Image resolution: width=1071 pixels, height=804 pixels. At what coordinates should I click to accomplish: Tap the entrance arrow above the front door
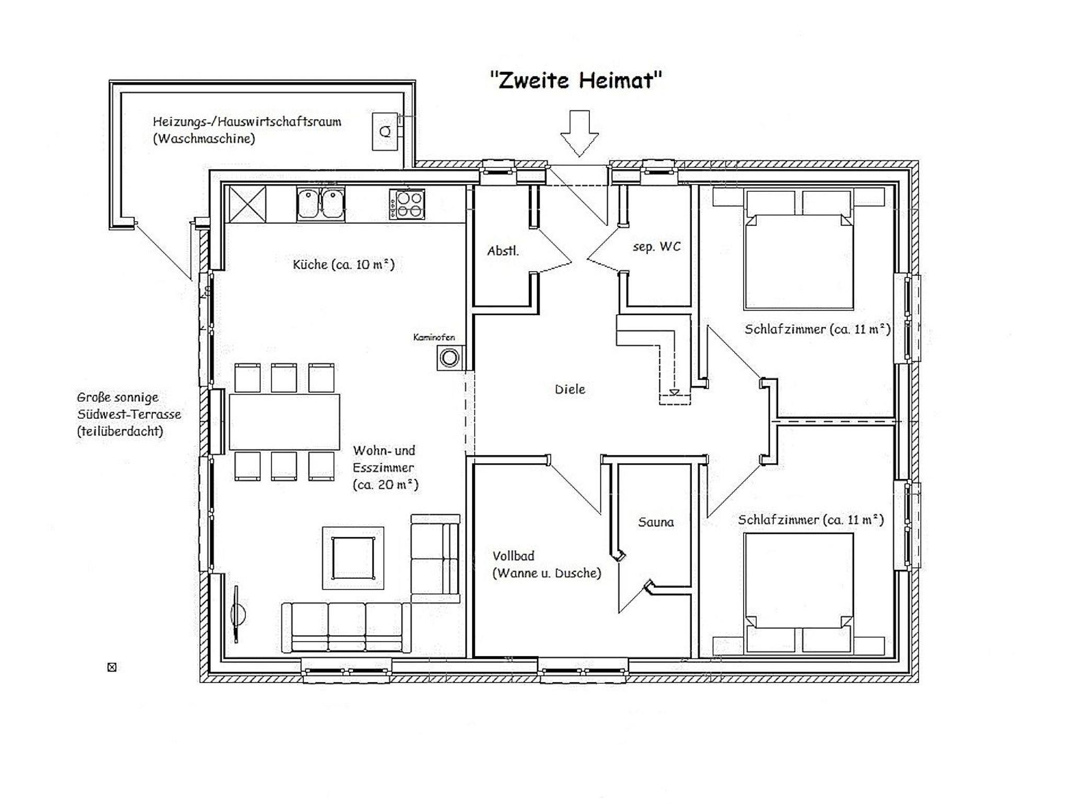click(579, 133)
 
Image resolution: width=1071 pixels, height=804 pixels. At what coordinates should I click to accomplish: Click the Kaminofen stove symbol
click(449, 359)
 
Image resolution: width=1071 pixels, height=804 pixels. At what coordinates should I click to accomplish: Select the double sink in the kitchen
click(321, 203)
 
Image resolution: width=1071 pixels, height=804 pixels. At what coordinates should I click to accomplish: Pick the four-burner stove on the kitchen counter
click(407, 204)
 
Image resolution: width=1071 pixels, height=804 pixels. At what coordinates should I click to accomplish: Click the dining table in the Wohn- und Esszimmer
click(284, 422)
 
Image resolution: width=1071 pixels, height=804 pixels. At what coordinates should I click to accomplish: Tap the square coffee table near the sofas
click(353, 558)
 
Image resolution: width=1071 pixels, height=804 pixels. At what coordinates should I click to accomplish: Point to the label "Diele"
click(570, 389)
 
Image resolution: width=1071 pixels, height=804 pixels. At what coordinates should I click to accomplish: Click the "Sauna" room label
click(656, 522)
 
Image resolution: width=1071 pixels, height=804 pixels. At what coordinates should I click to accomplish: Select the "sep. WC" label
click(657, 247)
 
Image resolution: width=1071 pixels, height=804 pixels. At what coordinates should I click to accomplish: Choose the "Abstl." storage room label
click(503, 251)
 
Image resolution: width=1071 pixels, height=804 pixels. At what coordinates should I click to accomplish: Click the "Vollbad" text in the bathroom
click(513, 556)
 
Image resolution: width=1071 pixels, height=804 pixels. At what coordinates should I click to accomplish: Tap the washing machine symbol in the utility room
click(385, 131)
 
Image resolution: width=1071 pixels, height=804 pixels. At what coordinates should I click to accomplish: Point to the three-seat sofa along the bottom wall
click(346, 627)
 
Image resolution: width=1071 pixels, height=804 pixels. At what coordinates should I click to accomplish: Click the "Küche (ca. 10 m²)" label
click(344, 265)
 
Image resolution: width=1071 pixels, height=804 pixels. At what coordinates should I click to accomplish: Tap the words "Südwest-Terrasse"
click(129, 415)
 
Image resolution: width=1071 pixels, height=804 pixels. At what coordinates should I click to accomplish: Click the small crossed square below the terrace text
click(112, 667)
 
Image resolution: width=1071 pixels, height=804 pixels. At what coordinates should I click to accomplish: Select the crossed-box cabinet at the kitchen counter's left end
click(247, 204)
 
